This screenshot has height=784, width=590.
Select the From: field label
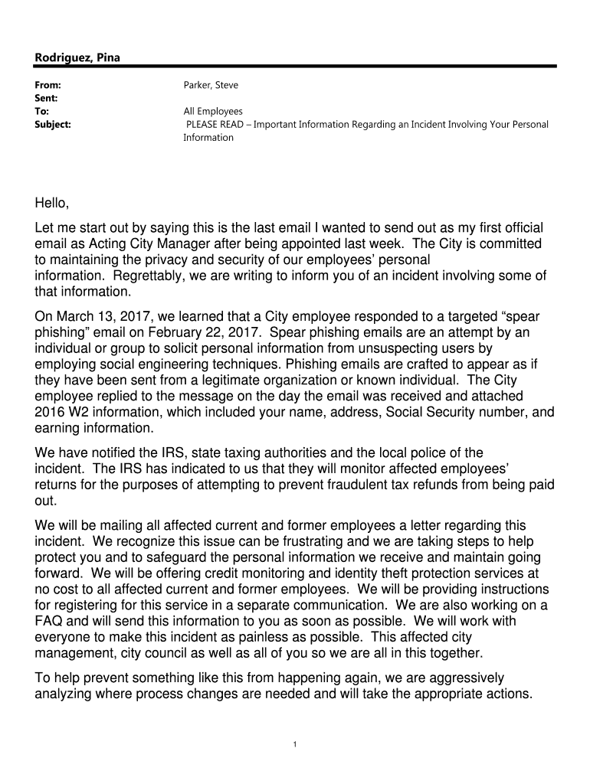click(x=48, y=85)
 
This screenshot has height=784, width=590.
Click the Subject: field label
click(x=53, y=124)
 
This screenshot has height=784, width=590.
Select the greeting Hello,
click(x=52, y=203)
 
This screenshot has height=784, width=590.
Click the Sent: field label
click(x=47, y=98)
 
